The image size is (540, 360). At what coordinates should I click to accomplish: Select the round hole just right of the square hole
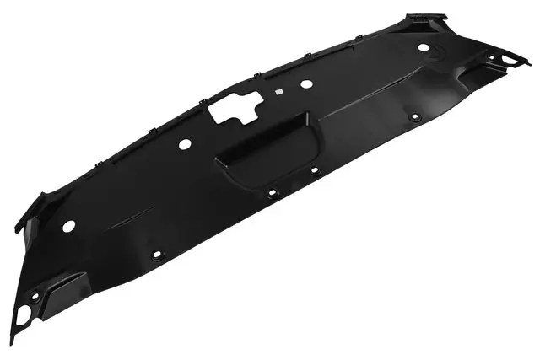tap(306, 83)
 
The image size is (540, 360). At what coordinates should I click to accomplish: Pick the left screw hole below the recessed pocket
tap(272, 192)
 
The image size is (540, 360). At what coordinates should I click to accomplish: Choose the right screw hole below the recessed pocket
tap(315, 169)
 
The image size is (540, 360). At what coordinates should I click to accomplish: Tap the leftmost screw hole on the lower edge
tap(154, 254)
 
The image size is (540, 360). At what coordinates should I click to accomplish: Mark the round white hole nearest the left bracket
tap(69, 226)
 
